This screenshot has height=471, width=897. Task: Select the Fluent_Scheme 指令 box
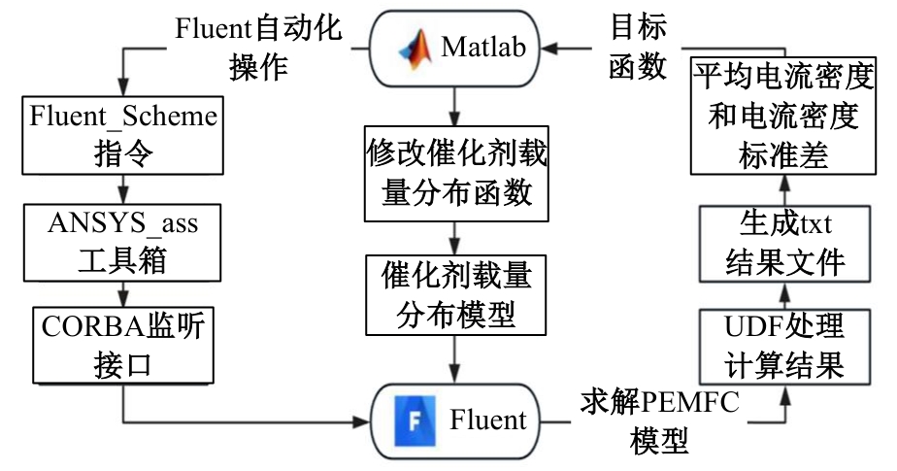coord(122,135)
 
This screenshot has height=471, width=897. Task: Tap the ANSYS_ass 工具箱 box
coord(122,242)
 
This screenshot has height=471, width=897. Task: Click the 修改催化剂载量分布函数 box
coord(450,172)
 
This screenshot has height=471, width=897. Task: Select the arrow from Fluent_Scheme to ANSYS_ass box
coord(122,187)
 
